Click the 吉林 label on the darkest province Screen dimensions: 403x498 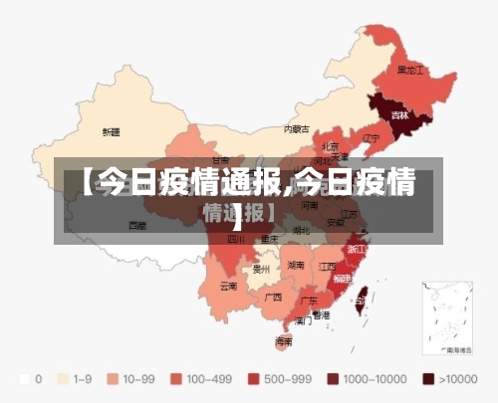click(x=399, y=115)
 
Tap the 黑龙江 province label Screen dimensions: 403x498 click(x=410, y=70)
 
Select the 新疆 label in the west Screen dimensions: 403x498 click(x=111, y=131)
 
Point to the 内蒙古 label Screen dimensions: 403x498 click(x=297, y=128)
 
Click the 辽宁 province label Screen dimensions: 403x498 click(x=372, y=137)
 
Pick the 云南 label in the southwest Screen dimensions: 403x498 click(x=228, y=286)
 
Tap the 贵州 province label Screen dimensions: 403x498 click(x=262, y=269)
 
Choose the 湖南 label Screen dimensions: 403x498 click(x=296, y=266)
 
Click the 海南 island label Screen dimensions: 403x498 click(x=284, y=340)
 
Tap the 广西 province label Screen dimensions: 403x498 click(x=273, y=297)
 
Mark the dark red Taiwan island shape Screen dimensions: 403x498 click(x=363, y=295)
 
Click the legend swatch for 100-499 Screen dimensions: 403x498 click(x=178, y=378)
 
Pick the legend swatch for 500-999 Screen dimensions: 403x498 click(x=253, y=378)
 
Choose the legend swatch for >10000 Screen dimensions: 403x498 click(x=429, y=378)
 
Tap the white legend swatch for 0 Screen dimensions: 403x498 click(x=24, y=378)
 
